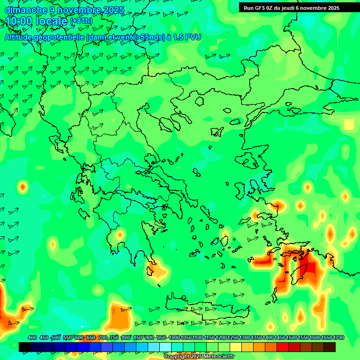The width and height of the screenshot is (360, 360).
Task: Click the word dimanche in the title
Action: (26, 10)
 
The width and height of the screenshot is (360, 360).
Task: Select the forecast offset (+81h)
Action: (81, 22)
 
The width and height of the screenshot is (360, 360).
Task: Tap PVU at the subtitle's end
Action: (193, 37)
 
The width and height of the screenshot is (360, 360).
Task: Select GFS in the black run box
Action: (260, 7)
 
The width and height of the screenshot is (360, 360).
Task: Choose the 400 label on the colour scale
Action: (32, 337)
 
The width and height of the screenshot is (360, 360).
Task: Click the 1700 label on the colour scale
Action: (338, 337)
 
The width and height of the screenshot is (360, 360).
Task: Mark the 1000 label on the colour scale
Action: (174, 337)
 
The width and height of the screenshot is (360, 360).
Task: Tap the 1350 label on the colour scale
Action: (256, 337)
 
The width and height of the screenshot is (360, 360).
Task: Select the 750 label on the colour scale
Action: (114, 337)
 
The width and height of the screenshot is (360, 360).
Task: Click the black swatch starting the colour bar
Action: (25, 347)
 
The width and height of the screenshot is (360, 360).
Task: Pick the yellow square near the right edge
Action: (349, 124)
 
